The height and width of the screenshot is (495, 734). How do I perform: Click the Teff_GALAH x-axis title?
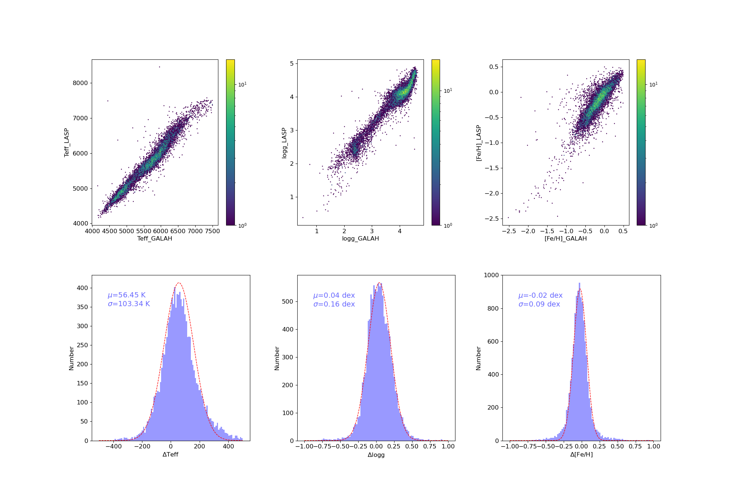pos(155,239)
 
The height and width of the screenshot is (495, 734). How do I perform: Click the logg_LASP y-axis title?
pos(284,143)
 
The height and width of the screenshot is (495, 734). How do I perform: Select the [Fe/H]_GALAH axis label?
pos(566,239)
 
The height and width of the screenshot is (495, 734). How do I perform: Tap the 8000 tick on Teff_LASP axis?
pos(80,83)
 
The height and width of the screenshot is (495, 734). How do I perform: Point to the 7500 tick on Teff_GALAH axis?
pos(212,231)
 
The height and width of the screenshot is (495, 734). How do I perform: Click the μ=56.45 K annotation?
pos(127,295)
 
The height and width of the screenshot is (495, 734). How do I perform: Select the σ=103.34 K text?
pos(129,304)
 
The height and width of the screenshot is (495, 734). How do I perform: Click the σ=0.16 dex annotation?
pos(334,304)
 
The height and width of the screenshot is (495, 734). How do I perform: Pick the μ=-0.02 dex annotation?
pos(540,295)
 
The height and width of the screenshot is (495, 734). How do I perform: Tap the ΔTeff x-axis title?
pos(171,455)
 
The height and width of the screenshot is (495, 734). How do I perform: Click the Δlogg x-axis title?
pos(376,455)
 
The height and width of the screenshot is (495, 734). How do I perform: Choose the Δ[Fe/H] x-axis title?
pos(581,455)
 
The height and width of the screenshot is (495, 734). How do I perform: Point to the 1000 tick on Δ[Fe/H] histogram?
pos(491,275)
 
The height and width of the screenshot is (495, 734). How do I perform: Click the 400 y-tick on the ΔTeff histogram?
pos(82,288)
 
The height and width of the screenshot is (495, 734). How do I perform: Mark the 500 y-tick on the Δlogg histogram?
pos(288,301)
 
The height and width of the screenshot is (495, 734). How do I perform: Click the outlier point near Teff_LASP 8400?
pos(159,67)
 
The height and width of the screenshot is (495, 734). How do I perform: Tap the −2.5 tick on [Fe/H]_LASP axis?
pos(491,219)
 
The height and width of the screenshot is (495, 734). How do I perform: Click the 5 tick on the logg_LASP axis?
pos(292,63)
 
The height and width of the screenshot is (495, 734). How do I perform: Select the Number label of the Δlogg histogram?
pos(277,358)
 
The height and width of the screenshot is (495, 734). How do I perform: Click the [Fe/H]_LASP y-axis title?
pos(479,143)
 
